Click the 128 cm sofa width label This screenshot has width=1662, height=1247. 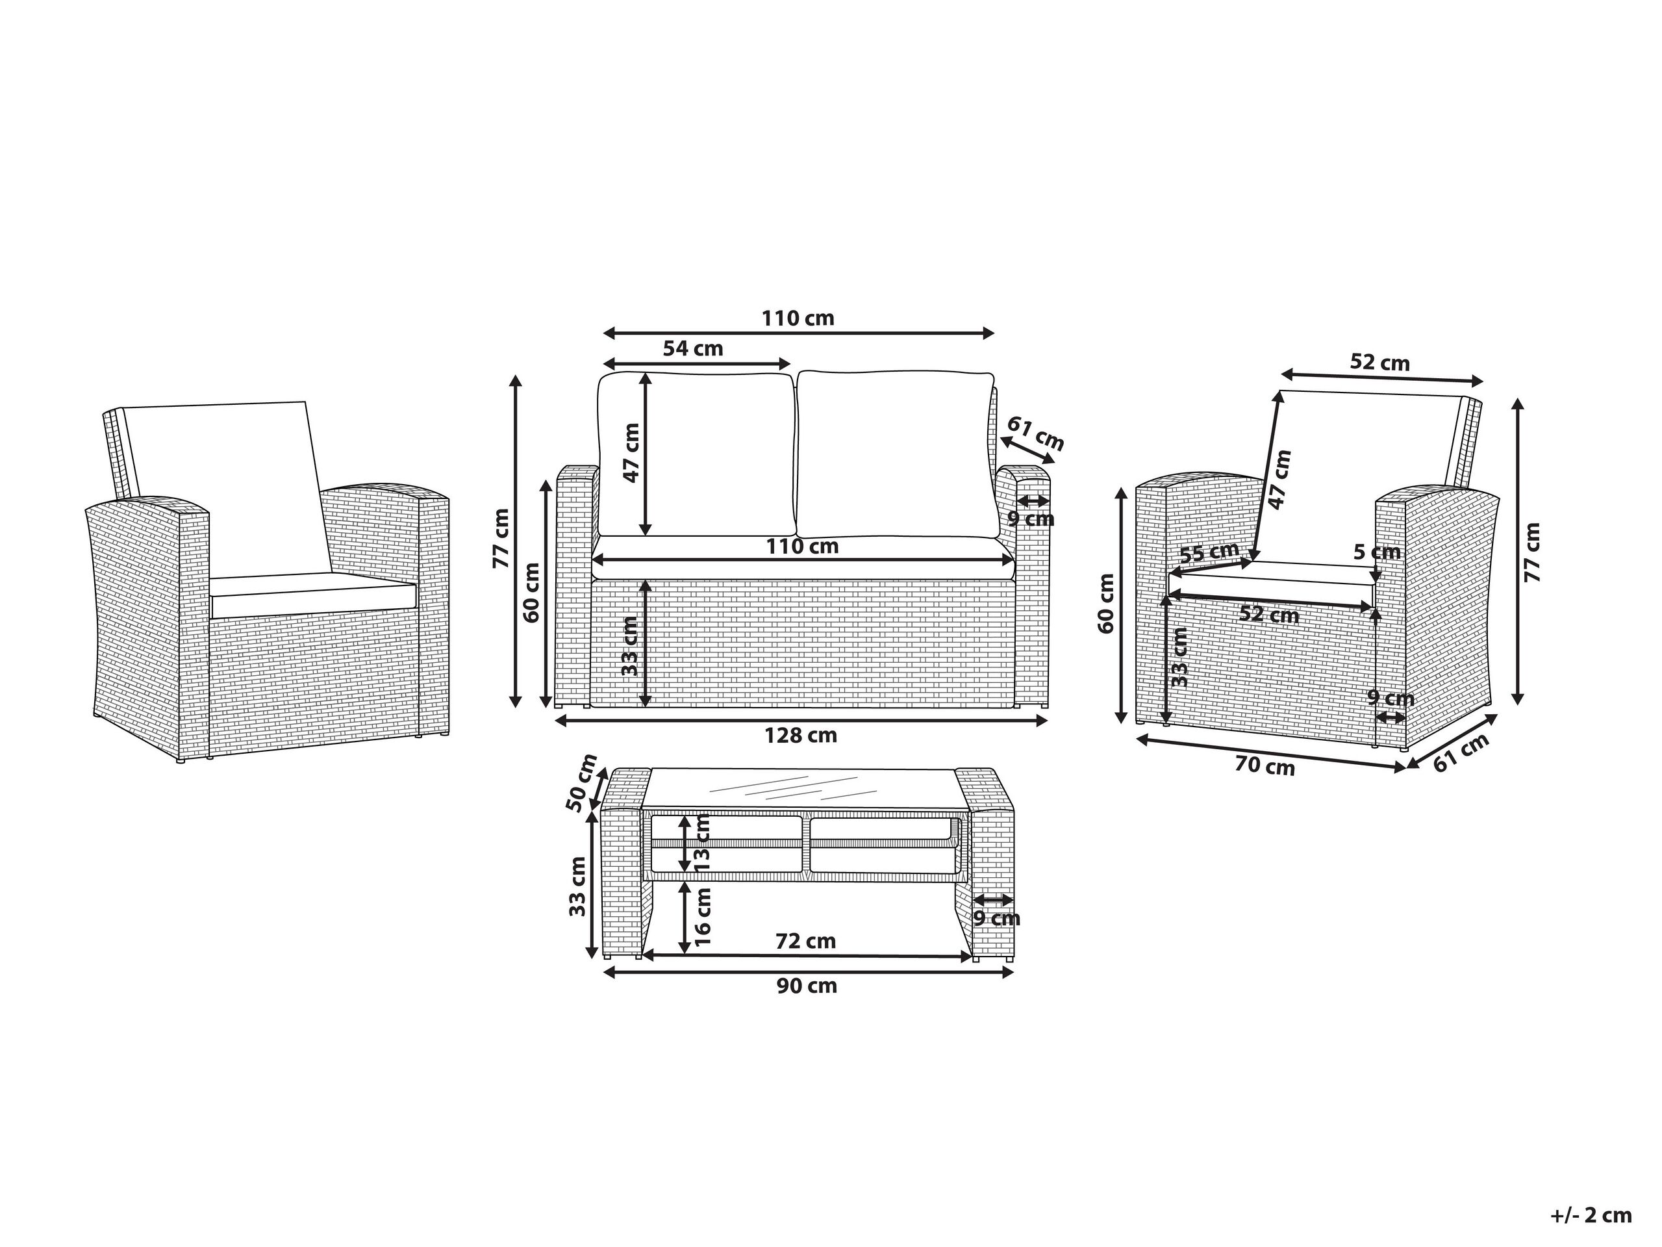(x=800, y=736)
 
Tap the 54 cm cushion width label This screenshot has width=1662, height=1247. (x=693, y=349)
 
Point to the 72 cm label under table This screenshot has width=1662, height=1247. (x=805, y=941)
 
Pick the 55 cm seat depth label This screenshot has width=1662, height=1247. (x=1209, y=552)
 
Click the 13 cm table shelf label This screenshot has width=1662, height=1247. (x=703, y=843)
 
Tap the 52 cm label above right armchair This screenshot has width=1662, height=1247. (x=1379, y=363)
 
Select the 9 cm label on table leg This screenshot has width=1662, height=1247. (x=996, y=919)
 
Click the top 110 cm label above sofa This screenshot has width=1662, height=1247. (x=798, y=318)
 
